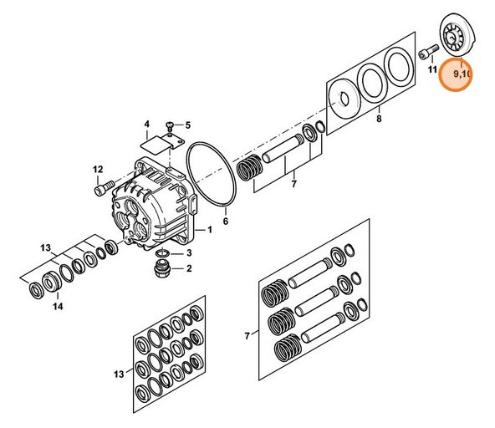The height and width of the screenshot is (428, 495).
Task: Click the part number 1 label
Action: [x=210, y=230]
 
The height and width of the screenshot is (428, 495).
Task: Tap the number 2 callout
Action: [x=188, y=268]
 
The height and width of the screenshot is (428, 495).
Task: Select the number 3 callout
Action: [x=188, y=252]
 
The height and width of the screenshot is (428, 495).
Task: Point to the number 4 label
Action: [x=147, y=124]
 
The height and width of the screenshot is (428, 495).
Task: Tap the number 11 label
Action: [x=432, y=71]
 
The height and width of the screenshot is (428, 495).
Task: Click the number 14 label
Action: [x=58, y=307]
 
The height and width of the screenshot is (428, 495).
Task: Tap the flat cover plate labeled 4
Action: [x=156, y=145]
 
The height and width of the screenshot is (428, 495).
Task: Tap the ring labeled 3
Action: [x=166, y=253]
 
